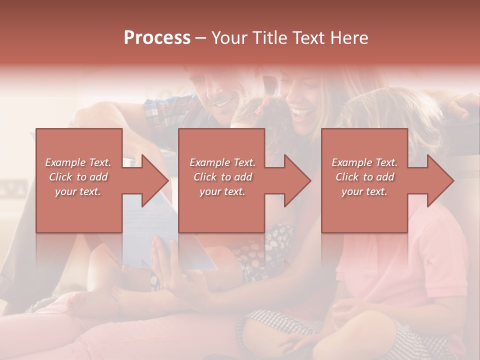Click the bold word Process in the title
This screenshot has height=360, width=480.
point(157,37)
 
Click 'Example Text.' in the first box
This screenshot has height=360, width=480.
point(78,162)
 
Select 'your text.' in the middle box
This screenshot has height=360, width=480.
point(222,191)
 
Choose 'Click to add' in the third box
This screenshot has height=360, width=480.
point(364,177)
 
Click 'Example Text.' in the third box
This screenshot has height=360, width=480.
point(364,162)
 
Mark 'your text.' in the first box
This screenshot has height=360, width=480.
point(78,191)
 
